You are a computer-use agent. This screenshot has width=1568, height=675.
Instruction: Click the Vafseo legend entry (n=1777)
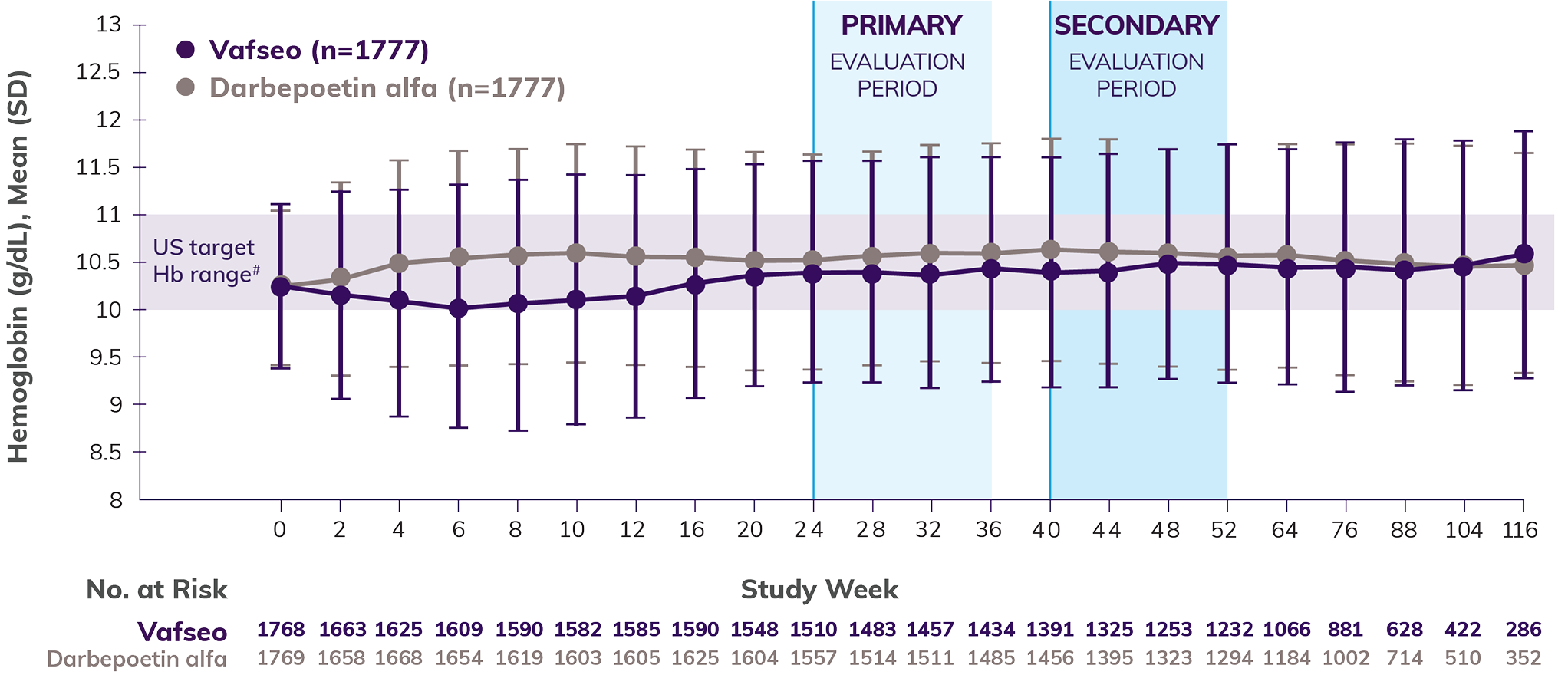coord(303,51)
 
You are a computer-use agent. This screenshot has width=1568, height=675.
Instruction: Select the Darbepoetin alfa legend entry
coord(372,88)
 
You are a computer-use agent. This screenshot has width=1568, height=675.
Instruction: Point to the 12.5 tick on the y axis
coord(98,72)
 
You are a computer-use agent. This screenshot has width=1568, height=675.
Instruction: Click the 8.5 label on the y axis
coord(105,453)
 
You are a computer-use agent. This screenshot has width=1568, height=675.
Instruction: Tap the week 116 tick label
coord(1520,530)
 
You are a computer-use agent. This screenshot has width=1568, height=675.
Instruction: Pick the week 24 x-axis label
coord(809,530)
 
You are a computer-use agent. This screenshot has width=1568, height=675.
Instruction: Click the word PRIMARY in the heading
coord(901,25)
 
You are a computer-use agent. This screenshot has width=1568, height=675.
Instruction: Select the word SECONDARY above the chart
coord(1136,25)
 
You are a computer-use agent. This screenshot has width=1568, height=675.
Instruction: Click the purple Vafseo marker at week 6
coord(459,308)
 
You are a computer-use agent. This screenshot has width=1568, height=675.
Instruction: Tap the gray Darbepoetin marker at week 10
coord(576,253)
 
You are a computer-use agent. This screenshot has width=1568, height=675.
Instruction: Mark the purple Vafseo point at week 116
coord(1524,254)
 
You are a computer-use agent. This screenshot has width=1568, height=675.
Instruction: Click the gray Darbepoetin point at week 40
coord(1051,249)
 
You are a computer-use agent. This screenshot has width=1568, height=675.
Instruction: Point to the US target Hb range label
coord(205,261)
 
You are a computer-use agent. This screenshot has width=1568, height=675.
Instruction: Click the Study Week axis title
coord(819,589)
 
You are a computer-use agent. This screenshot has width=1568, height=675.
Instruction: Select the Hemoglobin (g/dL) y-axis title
coord(18,265)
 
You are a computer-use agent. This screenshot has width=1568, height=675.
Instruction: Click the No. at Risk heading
coord(156,589)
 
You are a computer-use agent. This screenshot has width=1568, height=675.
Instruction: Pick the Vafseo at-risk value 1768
coord(281,630)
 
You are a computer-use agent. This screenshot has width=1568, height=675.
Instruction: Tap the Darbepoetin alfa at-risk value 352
coord(1523,658)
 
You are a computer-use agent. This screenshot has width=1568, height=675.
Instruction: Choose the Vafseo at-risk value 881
coord(1345,630)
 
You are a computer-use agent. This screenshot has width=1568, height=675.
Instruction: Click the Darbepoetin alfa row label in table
coord(137,659)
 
